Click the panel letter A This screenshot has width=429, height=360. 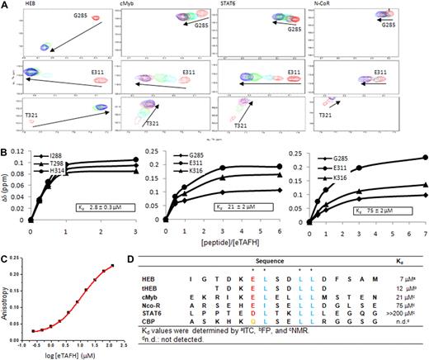point(5,5)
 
